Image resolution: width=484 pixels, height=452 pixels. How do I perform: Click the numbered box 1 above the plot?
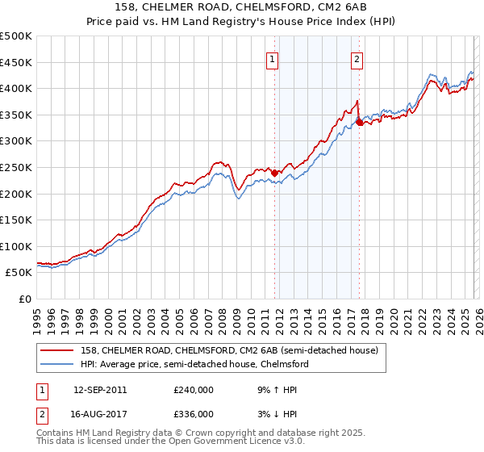pyautogui.click(x=273, y=58)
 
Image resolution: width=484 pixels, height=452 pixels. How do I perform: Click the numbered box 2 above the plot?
pyautogui.click(x=357, y=58)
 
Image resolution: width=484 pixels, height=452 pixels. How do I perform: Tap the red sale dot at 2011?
pyautogui.click(x=275, y=173)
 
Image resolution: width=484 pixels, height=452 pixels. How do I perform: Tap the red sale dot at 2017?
pyautogui.click(x=359, y=123)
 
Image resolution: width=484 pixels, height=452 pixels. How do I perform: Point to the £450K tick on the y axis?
pyautogui.click(x=16, y=62)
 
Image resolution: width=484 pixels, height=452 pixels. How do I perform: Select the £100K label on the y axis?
pyautogui.click(x=16, y=246)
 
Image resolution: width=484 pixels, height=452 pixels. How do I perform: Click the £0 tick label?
pyautogui.click(x=25, y=299)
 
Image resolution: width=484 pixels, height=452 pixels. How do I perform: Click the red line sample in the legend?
pyautogui.click(x=56, y=350)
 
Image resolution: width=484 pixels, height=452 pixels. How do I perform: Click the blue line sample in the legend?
pyautogui.click(x=56, y=364)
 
